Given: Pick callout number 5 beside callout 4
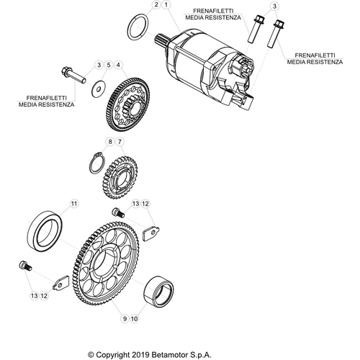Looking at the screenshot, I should pyautogui.click(x=109, y=66).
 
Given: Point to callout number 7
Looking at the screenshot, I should pyautogui.click(x=121, y=142).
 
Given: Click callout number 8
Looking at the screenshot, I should pyautogui.click(x=111, y=142).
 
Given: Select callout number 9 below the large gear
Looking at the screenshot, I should pyautogui.click(x=124, y=318).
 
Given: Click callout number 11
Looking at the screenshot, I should pyautogui.click(x=72, y=205).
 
